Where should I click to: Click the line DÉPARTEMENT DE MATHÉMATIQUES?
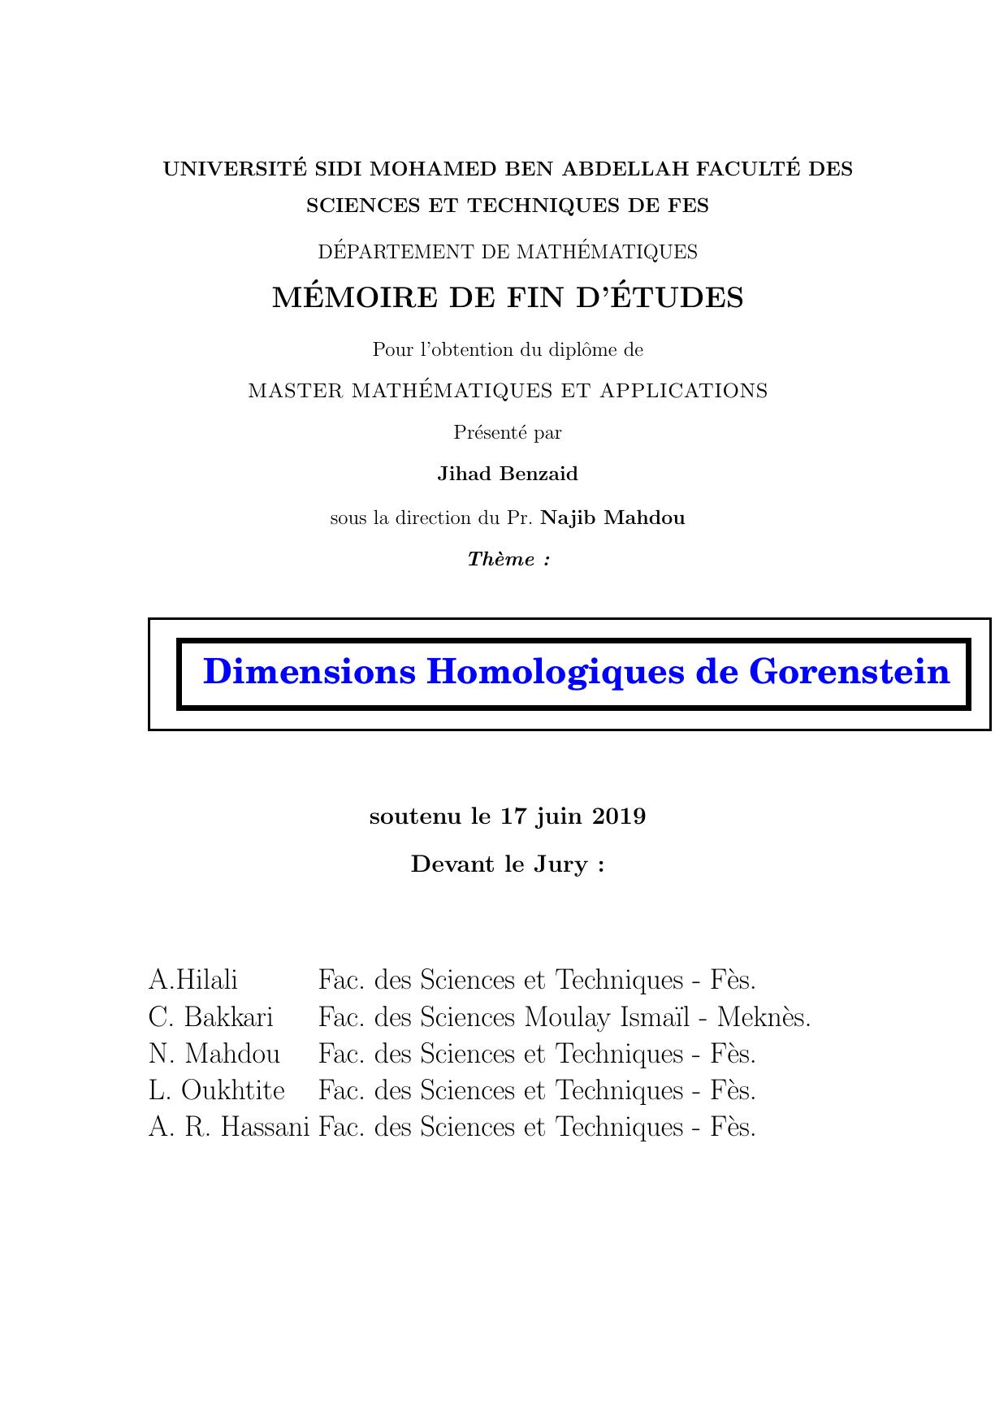(508, 252)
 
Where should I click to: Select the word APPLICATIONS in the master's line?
(684, 391)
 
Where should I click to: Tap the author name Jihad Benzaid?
(508, 474)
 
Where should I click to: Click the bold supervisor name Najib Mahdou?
(613, 518)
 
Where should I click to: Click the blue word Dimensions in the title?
(309, 672)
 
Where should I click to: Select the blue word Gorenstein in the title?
(849, 672)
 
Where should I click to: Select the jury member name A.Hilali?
(193, 980)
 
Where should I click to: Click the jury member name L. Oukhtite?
(217, 1090)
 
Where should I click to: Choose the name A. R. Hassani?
(229, 1127)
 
